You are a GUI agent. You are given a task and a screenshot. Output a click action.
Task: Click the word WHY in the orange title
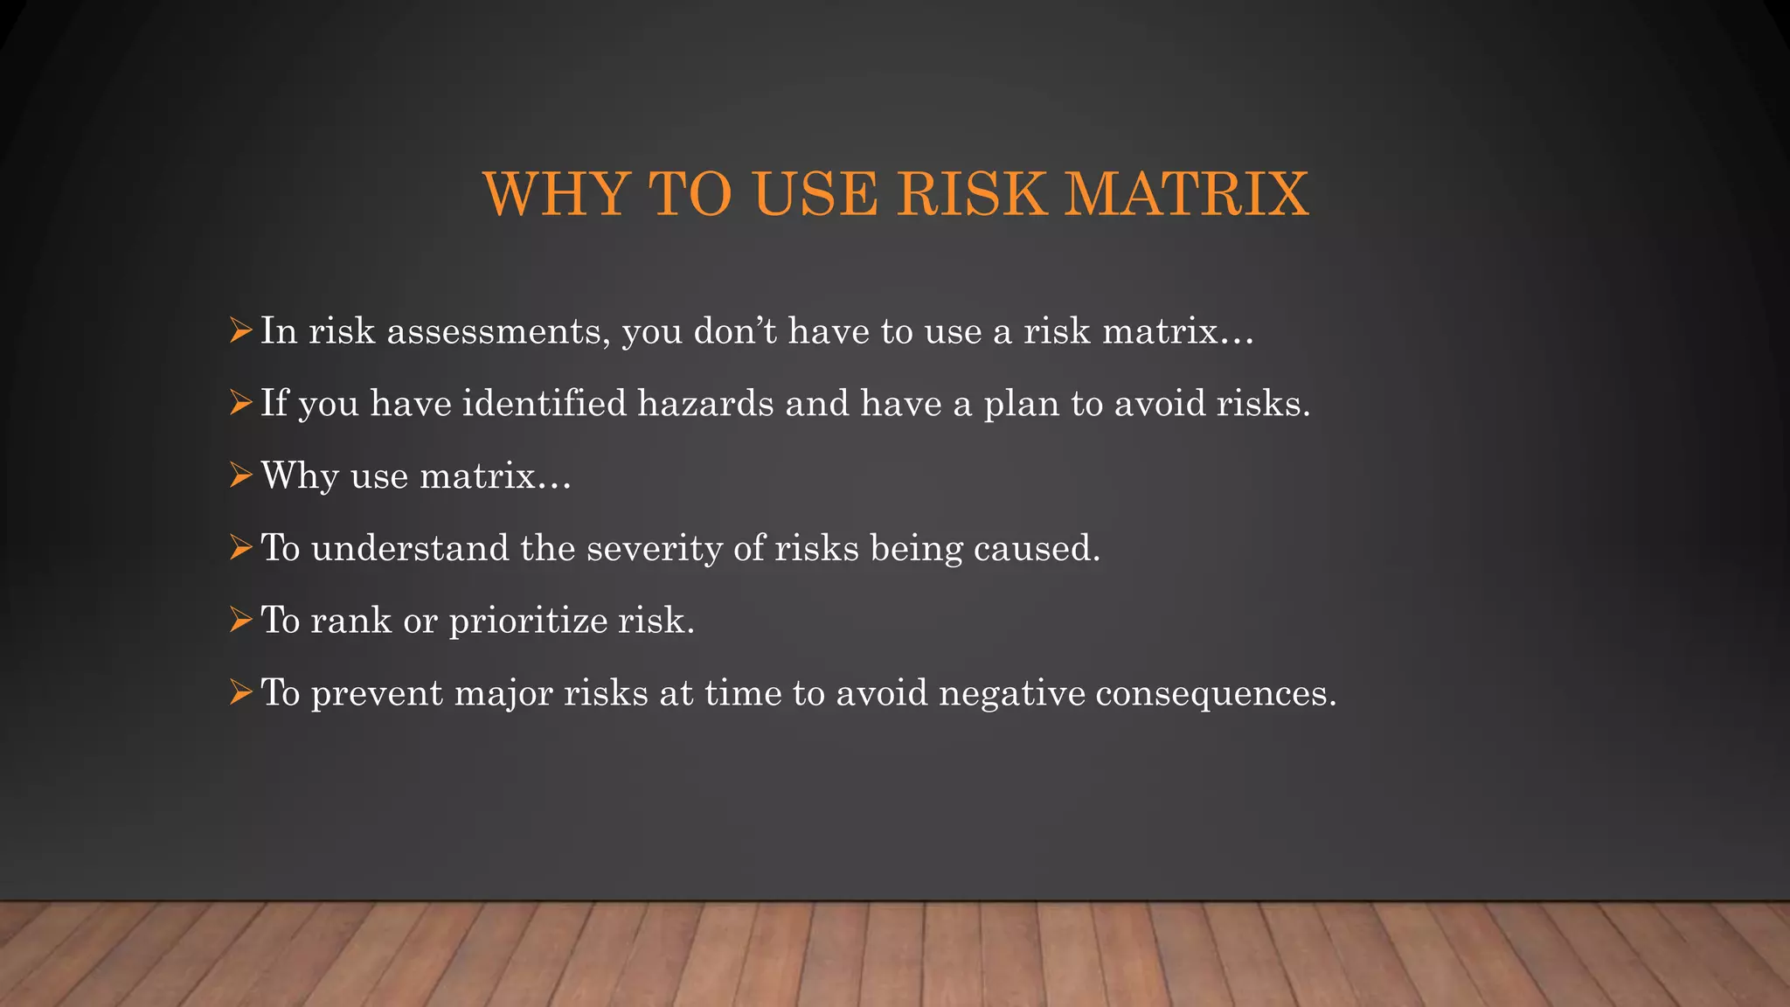tap(556, 193)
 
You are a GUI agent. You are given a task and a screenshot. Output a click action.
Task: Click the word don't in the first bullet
tap(734, 331)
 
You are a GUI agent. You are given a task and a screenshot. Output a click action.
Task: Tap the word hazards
tap(705, 403)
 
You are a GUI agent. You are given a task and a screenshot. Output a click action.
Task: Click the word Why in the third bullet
tap(299, 476)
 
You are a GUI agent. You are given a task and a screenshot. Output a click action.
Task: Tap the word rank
tap(350, 621)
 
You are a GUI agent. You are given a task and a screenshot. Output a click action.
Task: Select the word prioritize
tap(528, 622)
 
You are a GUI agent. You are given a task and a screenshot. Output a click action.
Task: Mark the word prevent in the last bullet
tap(377, 693)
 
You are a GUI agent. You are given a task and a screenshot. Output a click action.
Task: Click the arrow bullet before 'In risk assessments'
tap(240, 330)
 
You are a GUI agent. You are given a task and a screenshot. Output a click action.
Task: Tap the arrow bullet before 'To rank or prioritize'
tap(240, 620)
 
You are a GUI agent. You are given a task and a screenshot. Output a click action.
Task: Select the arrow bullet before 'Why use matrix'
tap(240, 476)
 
